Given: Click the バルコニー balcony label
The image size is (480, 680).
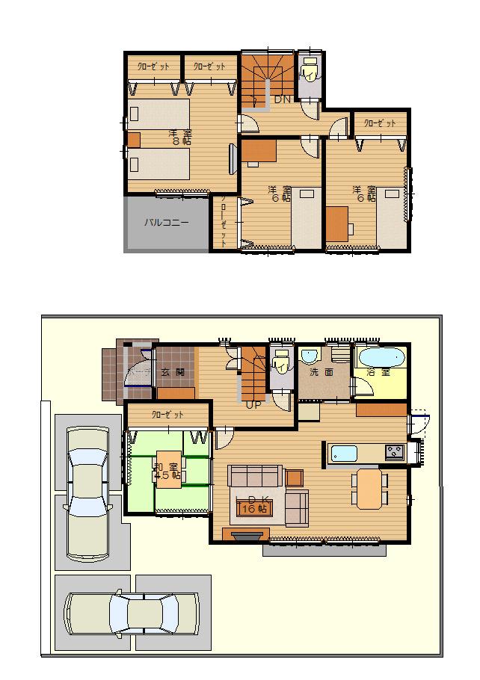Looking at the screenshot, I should pyautogui.click(x=166, y=223).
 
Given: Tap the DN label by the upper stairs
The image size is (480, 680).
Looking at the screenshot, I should pyautogui.click(x=282, y=99).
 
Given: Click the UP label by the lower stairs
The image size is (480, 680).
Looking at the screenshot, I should pyautogui.click(x=253, y=406).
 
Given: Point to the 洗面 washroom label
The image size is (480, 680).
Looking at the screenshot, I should pyautogui.click(x=323, y=372).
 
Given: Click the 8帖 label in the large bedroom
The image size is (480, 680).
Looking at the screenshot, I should pyautogui.click(x=176, y=140).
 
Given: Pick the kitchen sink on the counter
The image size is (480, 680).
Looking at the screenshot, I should pyautogui.click(x=345, y=453).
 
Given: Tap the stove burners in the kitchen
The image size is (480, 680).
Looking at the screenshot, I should pyautogui.click(x=394, y=452).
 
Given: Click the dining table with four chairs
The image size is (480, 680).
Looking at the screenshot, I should pyautogui.click(x=369, y=487).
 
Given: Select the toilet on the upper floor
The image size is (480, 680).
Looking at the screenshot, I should pyautogui.click(x=308, y=72).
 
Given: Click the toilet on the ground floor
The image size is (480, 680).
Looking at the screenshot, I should pyautogui.click(x=280, y=365).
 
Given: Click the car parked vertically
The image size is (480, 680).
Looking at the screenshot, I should pyautogui.click(x=88, y=492).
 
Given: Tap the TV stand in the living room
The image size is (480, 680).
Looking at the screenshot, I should pyautogui.click(x=246, y=535).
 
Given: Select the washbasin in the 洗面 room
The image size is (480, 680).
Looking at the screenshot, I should pyautogui.click(x=310, y=356).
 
